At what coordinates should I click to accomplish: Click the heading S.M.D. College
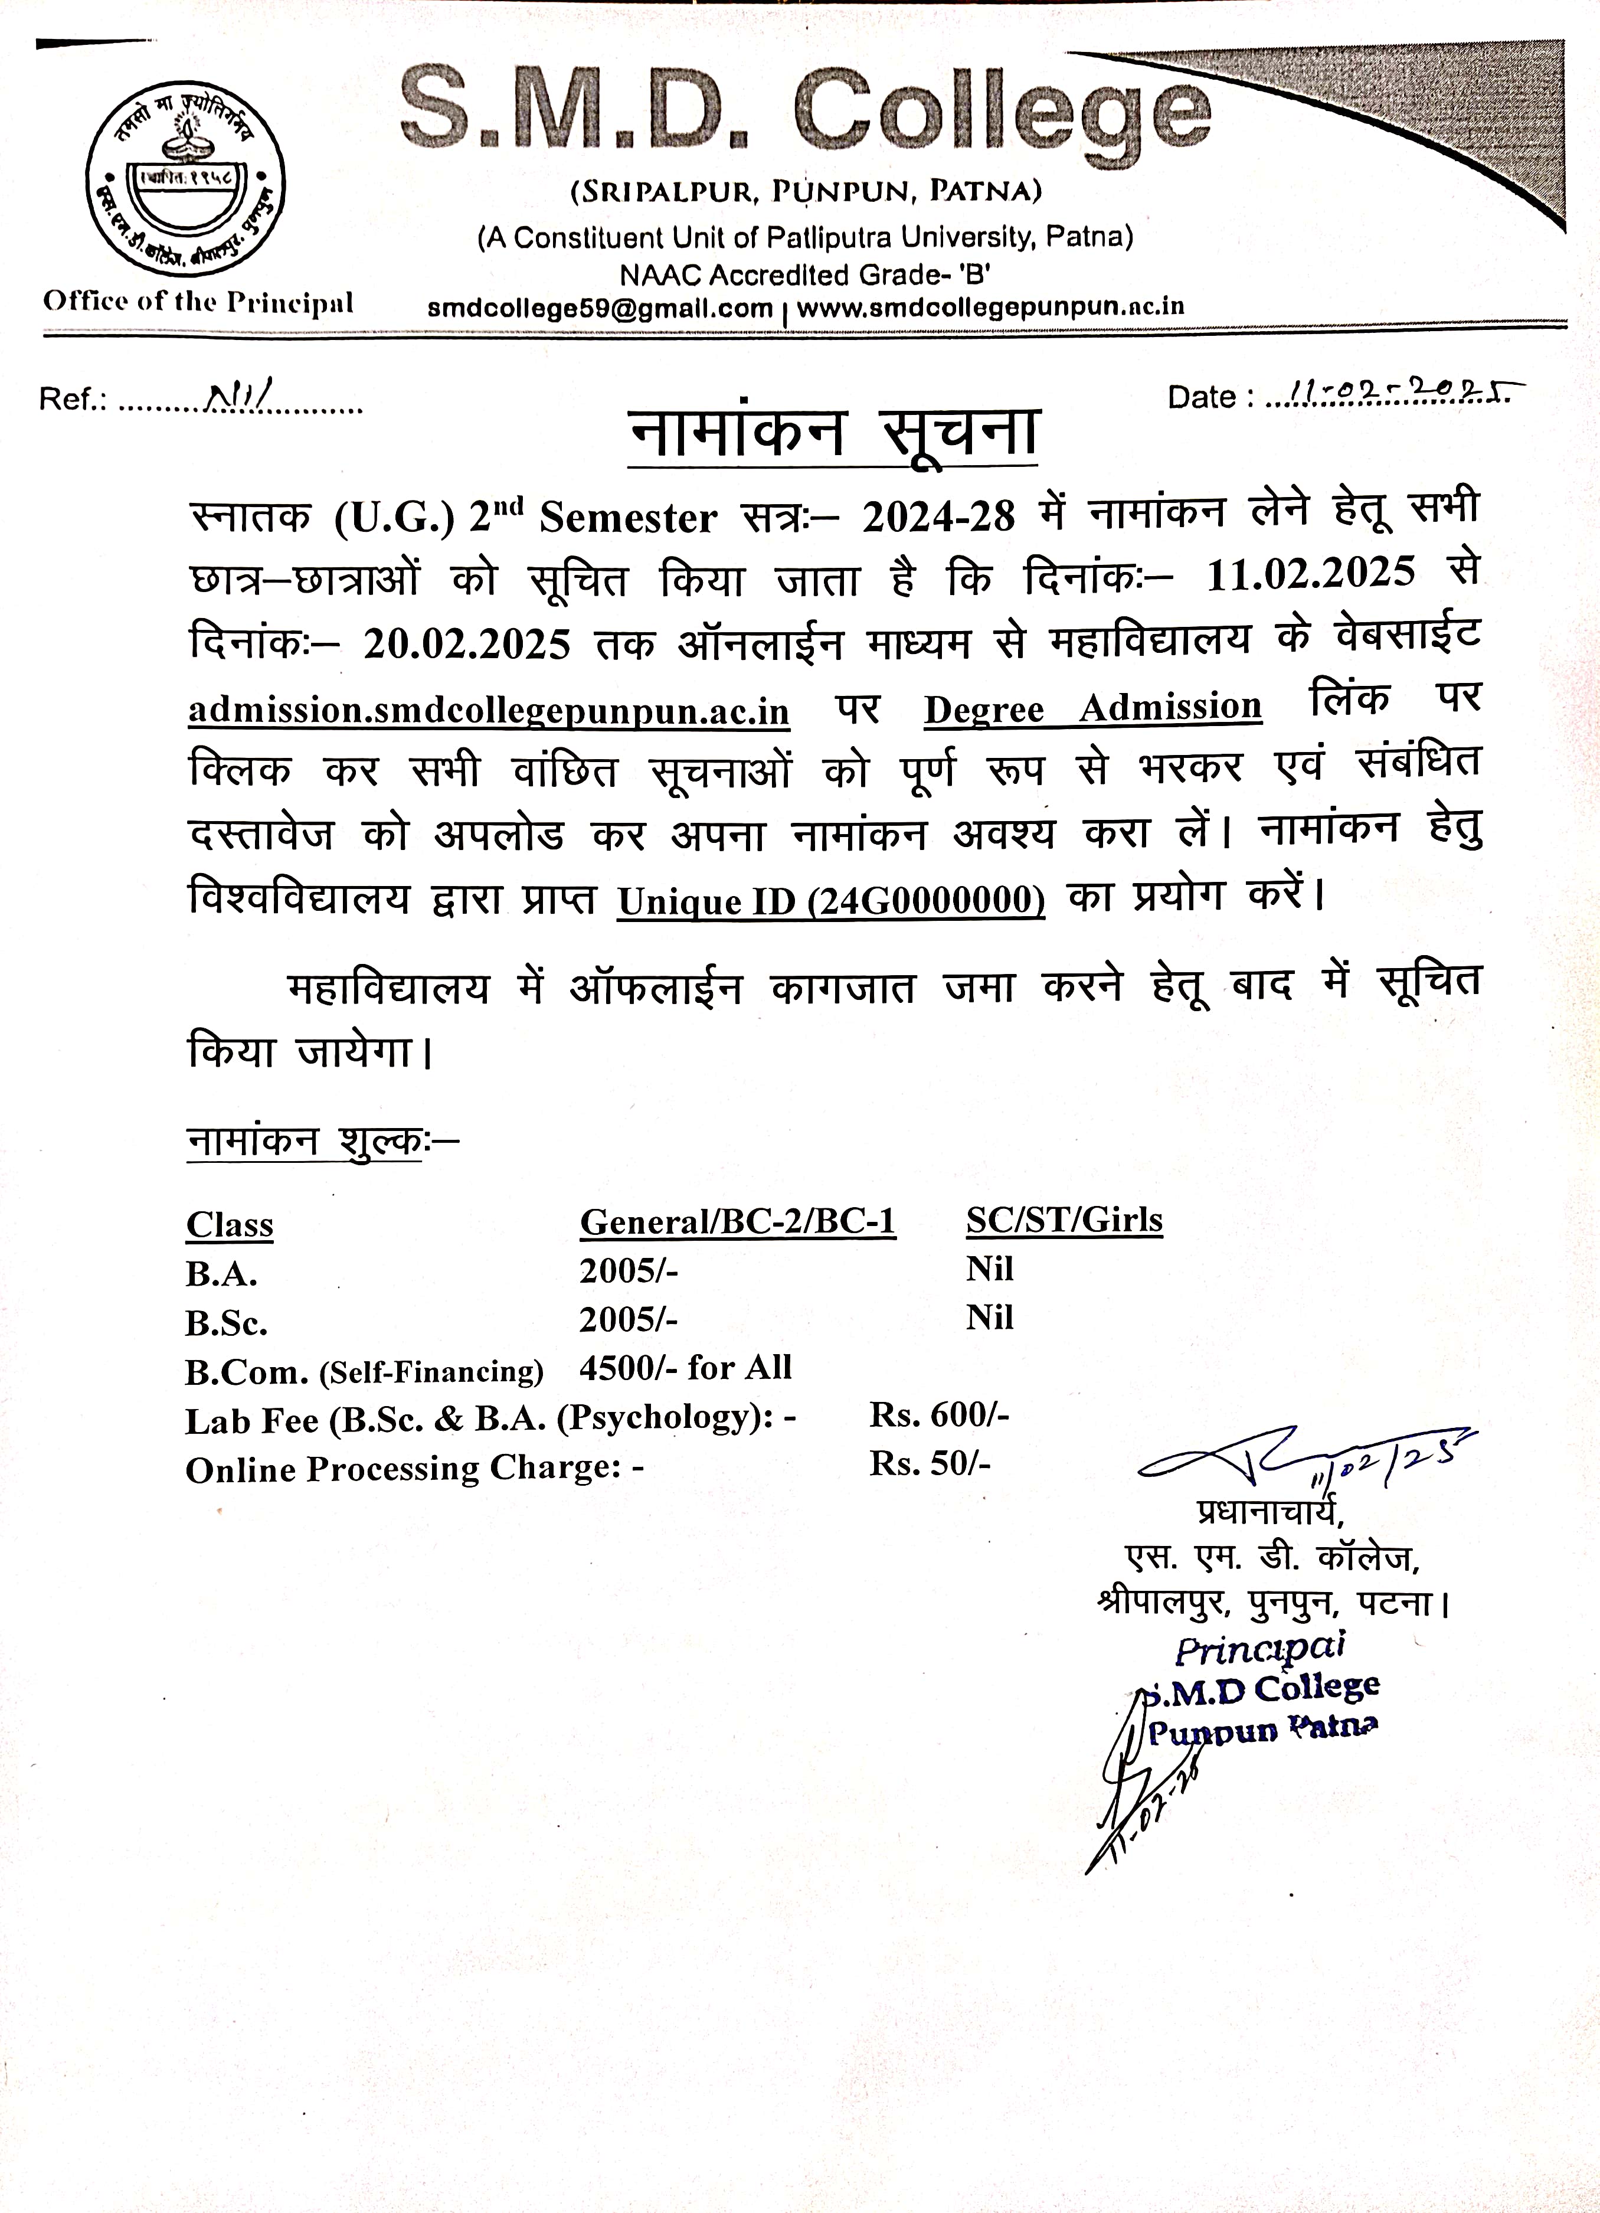click(806, 115)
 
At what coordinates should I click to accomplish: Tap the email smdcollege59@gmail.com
click(600, 308)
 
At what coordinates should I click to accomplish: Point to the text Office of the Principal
click(198, 302)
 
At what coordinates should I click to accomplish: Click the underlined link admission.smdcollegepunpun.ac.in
click(489, 710)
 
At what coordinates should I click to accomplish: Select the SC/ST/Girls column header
click(1064, 1220)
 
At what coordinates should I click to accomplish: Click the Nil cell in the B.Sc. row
click(989, 1318)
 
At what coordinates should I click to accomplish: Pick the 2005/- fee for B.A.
click(629, 1270)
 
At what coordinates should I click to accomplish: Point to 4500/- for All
click(685, 1368)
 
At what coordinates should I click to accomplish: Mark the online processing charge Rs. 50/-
click(929, 1463)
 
